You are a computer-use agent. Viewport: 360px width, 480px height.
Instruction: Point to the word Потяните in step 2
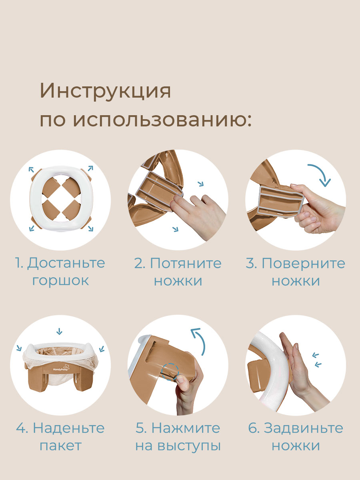click(x=185, y=263)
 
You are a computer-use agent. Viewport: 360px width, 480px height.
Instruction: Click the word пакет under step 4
click(x=60, y=446)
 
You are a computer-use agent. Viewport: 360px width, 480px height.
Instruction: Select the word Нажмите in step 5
click(x=186, y=428)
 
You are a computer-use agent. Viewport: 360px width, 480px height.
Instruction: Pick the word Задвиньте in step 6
click(x=303, y=428)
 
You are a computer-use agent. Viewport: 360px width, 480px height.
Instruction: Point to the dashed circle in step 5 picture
click(x=170, y=372)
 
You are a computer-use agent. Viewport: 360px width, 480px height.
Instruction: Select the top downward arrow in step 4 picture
click(x=60, y=331)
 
